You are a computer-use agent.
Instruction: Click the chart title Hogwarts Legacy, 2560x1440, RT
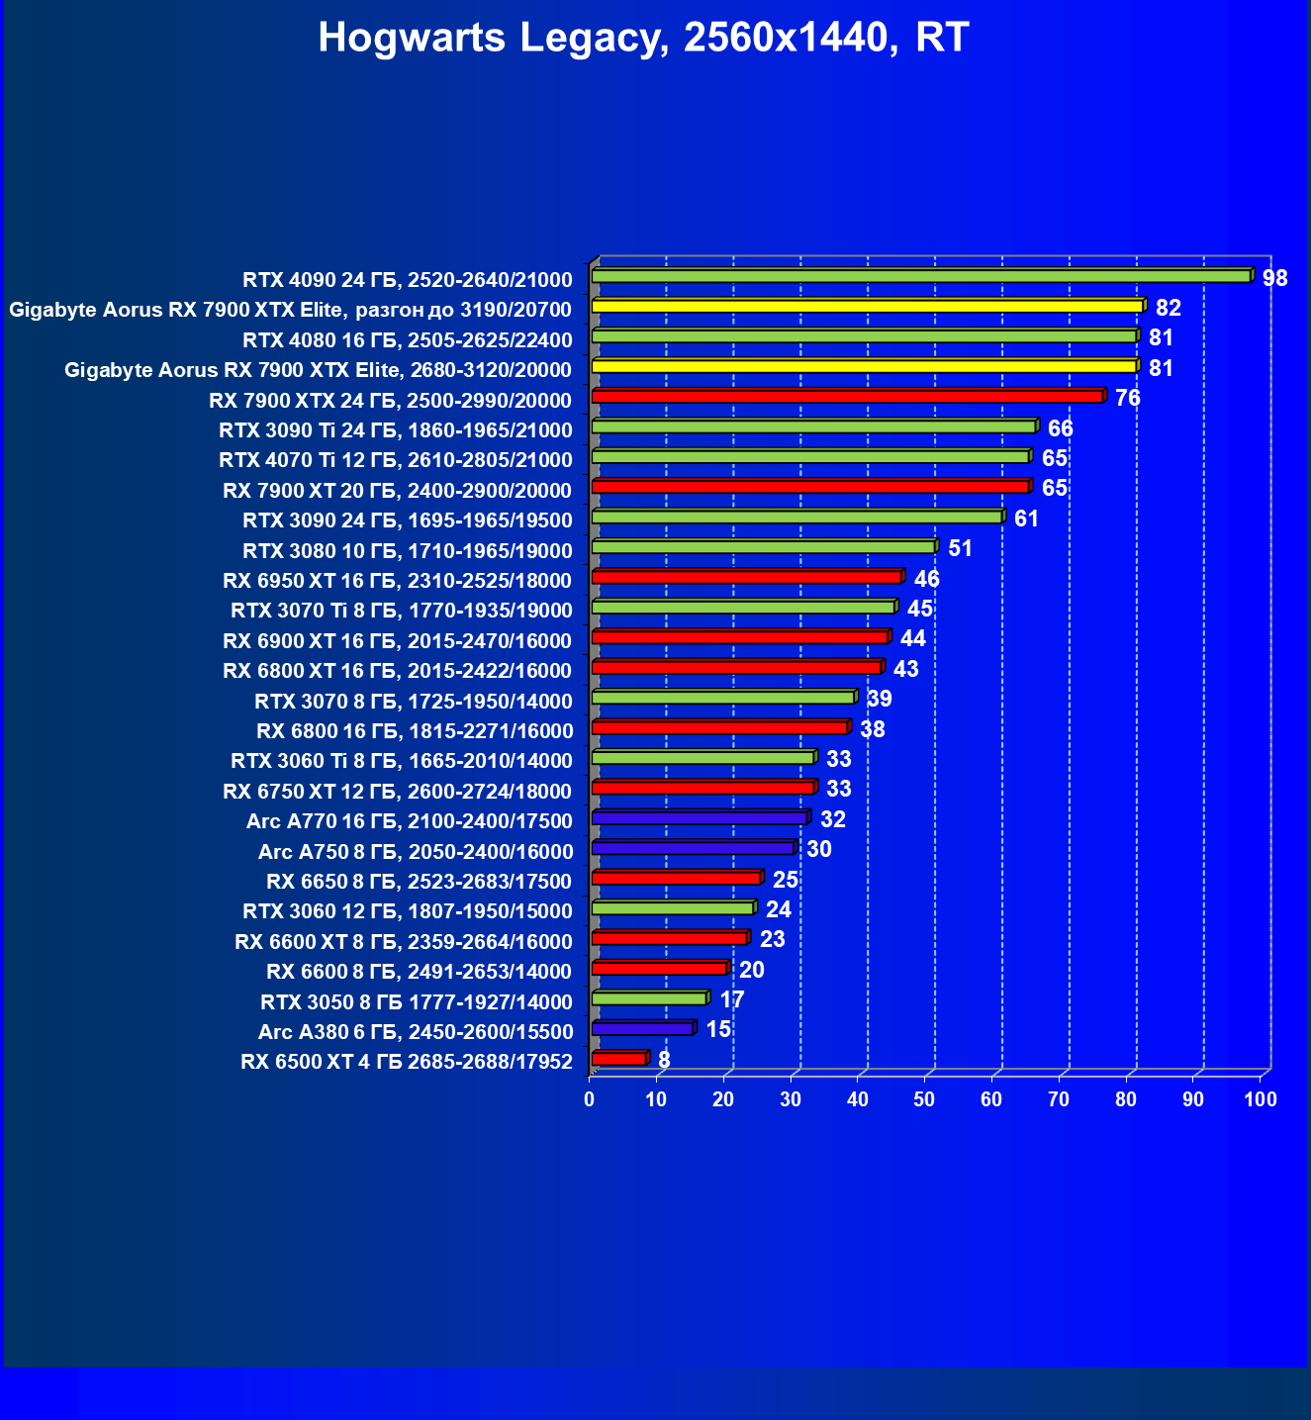point(643,39)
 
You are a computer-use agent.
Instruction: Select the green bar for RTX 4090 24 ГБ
point(920,276)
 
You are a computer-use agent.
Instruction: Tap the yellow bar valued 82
point(867,307)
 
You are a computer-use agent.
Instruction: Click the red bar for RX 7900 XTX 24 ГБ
point(847,397)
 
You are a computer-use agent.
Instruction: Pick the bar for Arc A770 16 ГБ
point(700,818)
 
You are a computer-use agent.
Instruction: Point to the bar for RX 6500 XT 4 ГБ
point(618,1059)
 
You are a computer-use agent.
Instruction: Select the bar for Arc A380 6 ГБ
point(642,1029)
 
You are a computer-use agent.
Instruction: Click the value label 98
point(1275,278)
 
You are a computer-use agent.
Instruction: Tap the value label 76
point(1128,398)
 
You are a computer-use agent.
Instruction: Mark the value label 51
point(960,548)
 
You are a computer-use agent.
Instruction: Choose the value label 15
point(718,1029)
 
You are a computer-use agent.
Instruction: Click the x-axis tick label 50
point(924,1099)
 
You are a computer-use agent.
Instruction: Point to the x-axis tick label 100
point(1261,1099)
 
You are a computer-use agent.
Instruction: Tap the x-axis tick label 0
point(590,1099)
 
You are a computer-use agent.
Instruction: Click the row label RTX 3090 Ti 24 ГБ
point(396,430)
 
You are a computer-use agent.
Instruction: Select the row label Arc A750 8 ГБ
point(416,852)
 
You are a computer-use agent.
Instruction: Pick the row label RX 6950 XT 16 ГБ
point(398,581)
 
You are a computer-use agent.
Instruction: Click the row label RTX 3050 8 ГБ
point(417,1002)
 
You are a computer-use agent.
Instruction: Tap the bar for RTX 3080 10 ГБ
point(763,547)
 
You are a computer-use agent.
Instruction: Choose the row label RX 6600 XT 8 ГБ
point(404,942)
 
